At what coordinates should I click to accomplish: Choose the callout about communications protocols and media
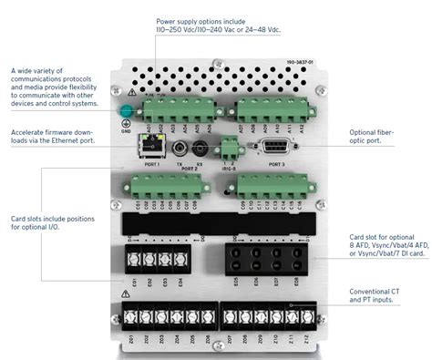coord(51,87)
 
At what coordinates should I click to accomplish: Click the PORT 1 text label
coord(149,164)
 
